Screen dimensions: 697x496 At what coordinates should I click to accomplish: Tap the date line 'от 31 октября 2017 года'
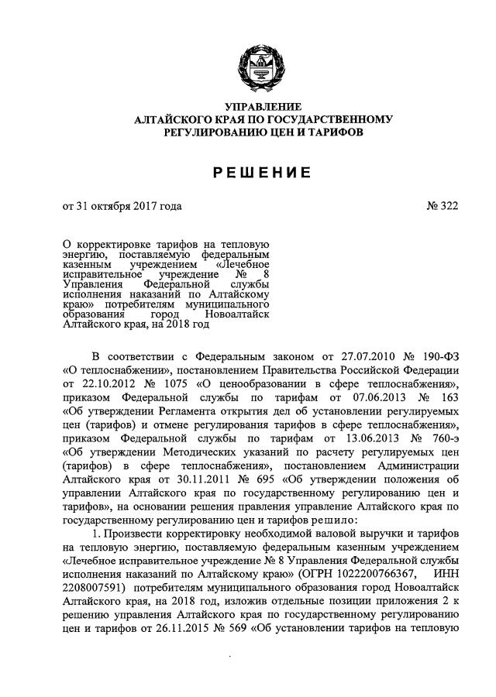(x=122, y=207)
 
